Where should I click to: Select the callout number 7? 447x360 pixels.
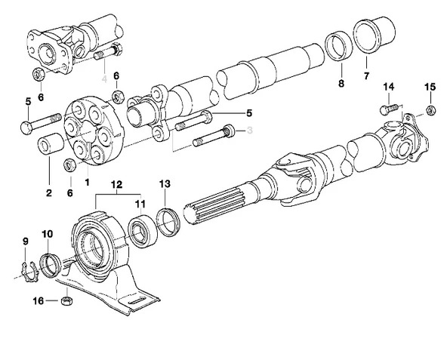click(367, 76)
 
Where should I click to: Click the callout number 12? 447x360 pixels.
click(116, 184)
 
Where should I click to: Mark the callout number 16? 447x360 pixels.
click(38, 300)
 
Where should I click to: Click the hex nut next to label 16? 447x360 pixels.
click(66, 300)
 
